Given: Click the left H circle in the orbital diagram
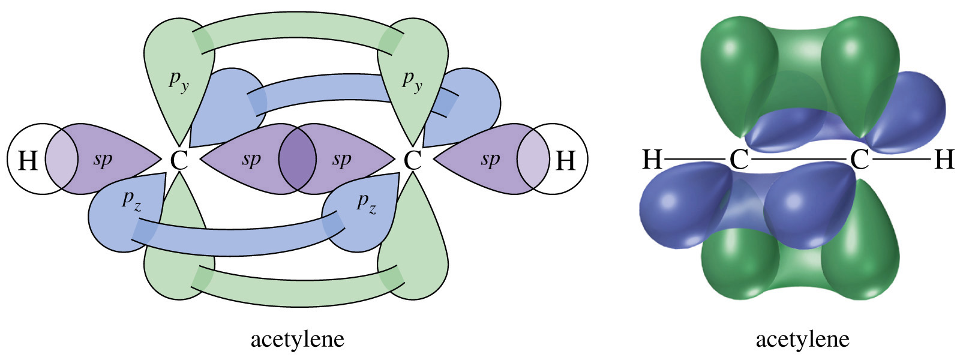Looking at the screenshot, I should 27,160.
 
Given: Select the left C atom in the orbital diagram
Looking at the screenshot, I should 179,160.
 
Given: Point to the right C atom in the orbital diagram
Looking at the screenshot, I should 412,160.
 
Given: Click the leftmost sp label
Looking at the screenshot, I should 103,160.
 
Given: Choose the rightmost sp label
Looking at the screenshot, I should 490,160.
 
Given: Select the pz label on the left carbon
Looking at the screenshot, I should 132,200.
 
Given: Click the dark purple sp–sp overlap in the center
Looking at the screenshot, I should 297,160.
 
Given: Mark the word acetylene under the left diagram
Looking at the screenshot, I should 297,340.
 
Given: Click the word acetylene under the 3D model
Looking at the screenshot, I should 802,340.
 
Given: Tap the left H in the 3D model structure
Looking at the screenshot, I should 652,160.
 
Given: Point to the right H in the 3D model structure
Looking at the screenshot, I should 944,160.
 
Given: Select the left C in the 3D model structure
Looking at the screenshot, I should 739,160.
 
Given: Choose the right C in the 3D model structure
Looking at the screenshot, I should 859,160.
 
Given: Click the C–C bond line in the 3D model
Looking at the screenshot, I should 799,160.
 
